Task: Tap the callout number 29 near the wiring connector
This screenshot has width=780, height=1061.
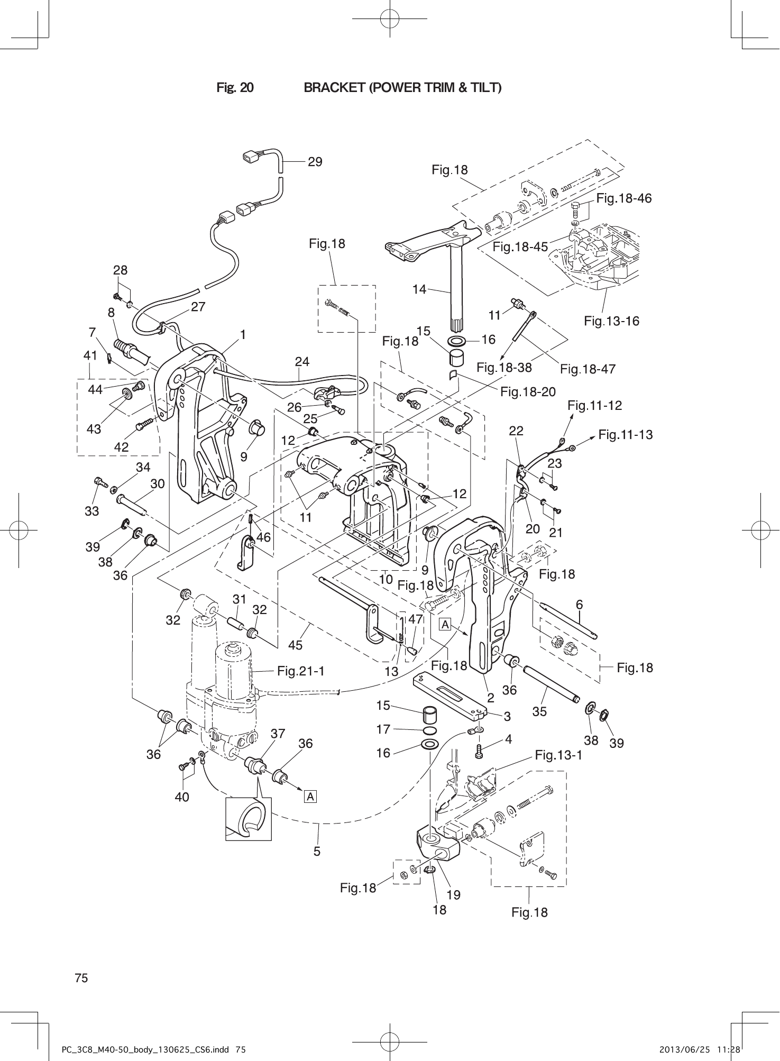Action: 315,162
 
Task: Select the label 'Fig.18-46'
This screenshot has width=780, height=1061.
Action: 623,198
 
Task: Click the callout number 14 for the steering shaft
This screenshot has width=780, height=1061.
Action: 419,289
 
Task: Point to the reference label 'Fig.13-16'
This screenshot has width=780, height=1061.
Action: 611,321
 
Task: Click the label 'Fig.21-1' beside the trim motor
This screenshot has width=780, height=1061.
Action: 300,671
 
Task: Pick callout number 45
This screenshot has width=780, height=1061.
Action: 295,645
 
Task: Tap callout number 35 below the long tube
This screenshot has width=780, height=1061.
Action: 539,711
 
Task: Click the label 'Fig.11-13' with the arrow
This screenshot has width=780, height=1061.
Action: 626,435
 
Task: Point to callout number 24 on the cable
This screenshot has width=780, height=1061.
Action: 302,362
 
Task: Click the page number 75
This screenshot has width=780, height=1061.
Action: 81,977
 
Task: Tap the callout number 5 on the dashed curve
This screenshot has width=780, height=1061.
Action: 317,851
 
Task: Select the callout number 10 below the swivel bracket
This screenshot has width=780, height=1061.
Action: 386,579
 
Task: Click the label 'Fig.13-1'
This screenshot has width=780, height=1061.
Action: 558,755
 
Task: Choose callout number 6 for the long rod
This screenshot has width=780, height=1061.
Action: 580,604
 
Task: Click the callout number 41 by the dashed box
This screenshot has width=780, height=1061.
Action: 90,355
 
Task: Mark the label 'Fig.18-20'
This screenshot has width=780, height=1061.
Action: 528,391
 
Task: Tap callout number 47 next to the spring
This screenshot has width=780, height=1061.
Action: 416,619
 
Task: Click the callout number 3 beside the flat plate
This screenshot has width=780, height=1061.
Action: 507,717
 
